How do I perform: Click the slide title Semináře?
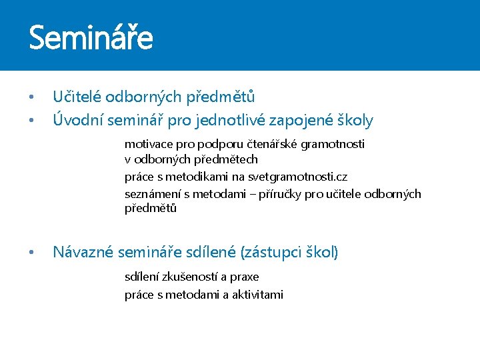coord(91,37)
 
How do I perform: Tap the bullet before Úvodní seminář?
coord(31,121)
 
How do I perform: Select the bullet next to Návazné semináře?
coord(31,253)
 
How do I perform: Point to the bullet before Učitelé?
coord(31,98)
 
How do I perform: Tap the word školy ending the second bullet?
coord(355,121)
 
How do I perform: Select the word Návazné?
coord(83,252)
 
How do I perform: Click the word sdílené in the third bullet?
coord(213,252)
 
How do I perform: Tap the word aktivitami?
coord(258,295)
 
